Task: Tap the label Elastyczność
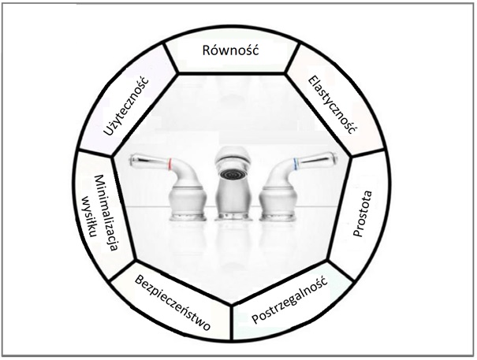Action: (332, 104)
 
